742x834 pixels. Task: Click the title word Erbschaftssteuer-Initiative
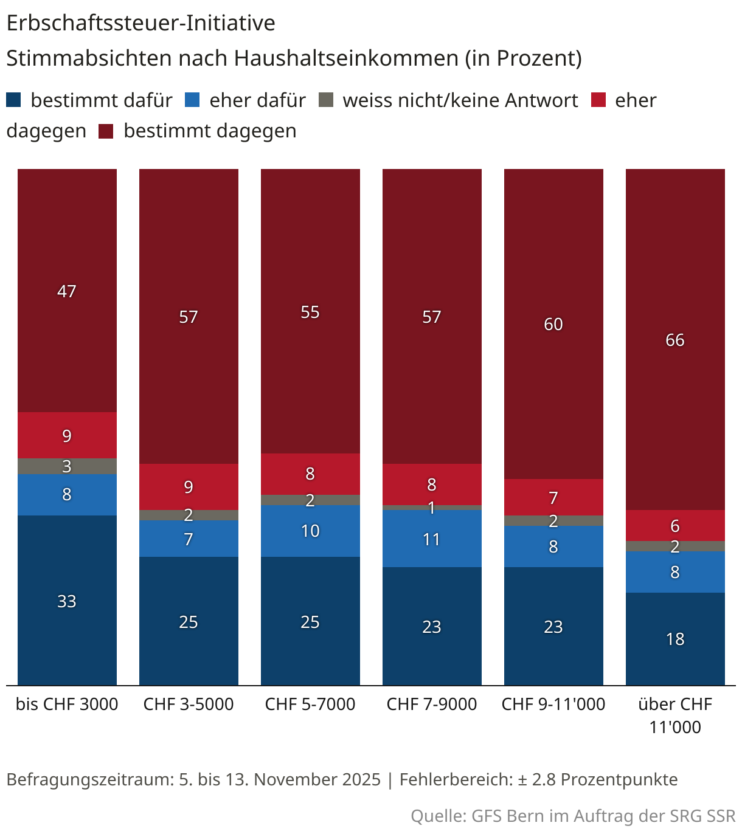(x=140, y=23)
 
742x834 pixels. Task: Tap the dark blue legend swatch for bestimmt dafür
(x=13, y=100)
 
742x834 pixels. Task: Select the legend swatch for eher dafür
(x=192, y=100)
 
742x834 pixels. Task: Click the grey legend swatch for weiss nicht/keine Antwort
(x=326, y=100)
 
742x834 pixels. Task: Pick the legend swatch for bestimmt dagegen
(x=106, y=131)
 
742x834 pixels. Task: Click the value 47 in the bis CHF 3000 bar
(x=67, y=291)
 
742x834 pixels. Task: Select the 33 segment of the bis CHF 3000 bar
(x=67, y=601)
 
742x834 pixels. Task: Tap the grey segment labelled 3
(x=67, y=466)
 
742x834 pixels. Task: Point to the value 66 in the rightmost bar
(x=675, y=340)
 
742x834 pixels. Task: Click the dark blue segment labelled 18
(x=675, y=639)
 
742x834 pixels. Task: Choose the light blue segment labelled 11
(x=432, y=539)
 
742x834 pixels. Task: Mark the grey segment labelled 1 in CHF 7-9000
(x=432, y=508)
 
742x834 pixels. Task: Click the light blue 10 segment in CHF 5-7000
(x=310, y=531)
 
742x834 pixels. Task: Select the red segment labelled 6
(x=675, y=525)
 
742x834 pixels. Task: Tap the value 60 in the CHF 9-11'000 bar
(x=553, y=324)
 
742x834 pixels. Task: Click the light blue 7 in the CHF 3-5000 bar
(x=189, y=539)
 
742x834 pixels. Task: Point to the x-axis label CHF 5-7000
(x=310, y=704)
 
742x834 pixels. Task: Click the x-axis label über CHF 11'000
(x=675, y=715)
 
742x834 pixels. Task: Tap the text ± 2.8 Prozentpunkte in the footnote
(x=597, y=779)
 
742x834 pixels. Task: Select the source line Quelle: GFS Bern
(x=573, y=816)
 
